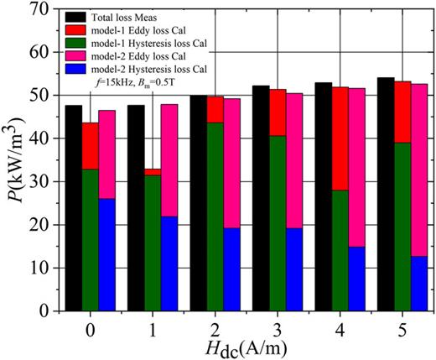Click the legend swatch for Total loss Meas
82,15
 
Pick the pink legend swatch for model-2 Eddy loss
82,55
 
